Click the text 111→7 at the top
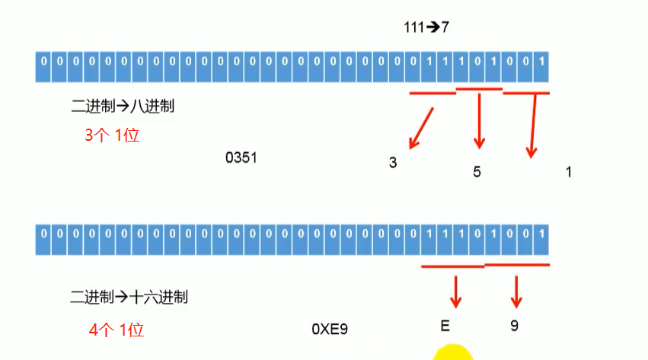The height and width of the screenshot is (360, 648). pos(427,27)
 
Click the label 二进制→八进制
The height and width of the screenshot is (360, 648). pos(123,107)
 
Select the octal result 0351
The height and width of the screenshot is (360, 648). pos(241,158)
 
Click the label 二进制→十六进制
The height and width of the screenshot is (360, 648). pos(129,297)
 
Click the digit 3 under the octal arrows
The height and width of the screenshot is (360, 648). pos(393,163)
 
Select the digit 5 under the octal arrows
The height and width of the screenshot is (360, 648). pos(477,172)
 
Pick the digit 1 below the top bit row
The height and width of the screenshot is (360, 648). pos(568,172)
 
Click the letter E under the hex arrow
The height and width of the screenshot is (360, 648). pos(445,326)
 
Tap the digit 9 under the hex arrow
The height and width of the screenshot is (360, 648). pos(515,326)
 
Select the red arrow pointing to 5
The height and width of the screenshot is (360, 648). pos(479,120)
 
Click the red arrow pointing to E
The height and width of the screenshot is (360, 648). pos(456,291)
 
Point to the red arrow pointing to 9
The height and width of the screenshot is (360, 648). pos(517,291)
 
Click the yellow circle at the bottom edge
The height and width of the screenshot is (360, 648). pos(453,352)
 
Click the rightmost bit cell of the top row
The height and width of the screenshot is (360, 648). pos(541,60)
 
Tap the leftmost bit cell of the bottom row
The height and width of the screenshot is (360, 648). pos(44,233)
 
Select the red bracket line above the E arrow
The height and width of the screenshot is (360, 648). pos(452,266)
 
